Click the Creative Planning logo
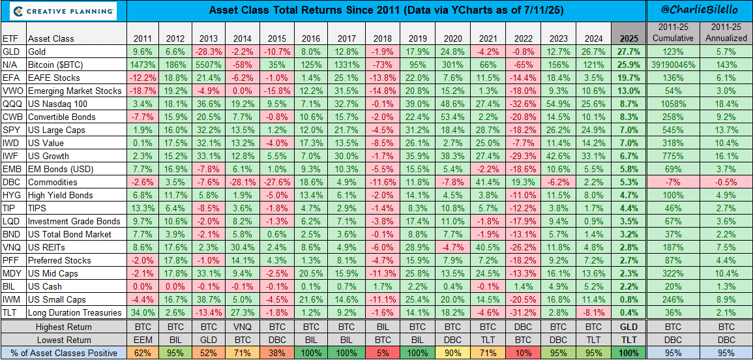63,11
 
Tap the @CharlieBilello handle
699,11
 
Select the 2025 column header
628,37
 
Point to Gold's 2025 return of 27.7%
628,52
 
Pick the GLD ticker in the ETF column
11,52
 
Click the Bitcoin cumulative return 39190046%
672,65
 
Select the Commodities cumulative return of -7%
672,182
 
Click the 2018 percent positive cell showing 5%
381,353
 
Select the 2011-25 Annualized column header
726,33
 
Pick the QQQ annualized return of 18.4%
726,104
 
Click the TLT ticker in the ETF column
10,312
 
